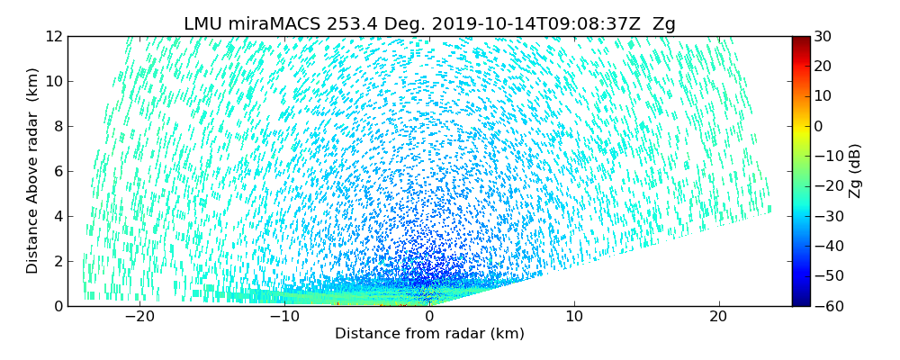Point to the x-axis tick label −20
(139, 317)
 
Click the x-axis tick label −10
(284, 317)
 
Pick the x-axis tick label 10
(574, 317)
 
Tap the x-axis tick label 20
(718, 317)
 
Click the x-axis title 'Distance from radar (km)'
(429, 334)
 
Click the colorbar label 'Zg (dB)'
(855, 171)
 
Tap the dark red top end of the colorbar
(800, 40)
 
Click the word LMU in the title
(203, 24)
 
